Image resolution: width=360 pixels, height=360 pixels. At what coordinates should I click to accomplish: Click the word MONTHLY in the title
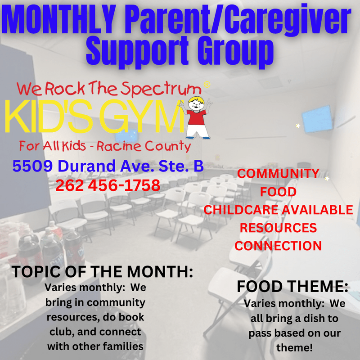tap(59, 19)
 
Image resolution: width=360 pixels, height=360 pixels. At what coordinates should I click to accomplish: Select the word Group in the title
tap(235, 52)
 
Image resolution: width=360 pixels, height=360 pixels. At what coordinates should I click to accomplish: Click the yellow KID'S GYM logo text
tap(94, 117)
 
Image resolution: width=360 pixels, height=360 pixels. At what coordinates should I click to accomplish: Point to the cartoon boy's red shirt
tap(196, 117)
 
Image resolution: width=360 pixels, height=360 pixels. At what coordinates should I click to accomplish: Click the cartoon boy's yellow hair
tap(196, 100)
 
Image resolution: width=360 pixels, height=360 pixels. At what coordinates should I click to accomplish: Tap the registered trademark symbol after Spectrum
tap(207, 85)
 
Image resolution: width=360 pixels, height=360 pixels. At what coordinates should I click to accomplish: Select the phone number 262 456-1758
tap(108, 185)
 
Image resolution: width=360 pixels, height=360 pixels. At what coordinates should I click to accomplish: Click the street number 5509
tap(32, 166)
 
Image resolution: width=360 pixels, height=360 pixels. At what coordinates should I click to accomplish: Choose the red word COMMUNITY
tap(278, 173)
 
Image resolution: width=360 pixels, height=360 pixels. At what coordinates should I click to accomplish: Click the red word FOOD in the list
tap(278, 192)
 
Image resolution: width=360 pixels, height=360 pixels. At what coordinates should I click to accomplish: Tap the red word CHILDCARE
tap(241, 210)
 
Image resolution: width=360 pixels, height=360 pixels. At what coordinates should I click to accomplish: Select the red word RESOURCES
tap(278, 228)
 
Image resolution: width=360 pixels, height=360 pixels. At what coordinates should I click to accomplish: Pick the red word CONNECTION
tap(278, 246)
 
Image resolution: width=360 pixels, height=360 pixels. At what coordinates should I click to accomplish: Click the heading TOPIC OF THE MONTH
tap(103, 272)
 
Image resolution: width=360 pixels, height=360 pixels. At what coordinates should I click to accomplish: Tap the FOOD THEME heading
tap(292, 286)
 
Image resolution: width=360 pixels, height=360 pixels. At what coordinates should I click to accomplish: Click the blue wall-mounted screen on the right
tap(317, 119)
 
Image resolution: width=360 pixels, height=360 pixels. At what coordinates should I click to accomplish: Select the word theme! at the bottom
tap(294, 347)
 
